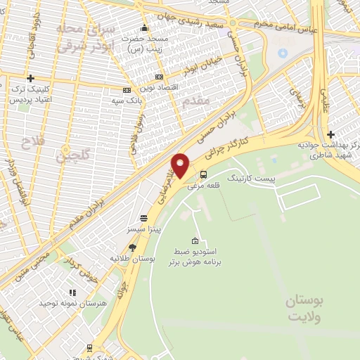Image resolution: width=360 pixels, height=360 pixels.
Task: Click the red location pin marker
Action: click(x=181, y=166)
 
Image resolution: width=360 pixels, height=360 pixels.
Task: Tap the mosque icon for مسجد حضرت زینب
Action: click(x=144, y=28)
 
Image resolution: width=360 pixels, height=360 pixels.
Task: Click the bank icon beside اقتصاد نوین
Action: click(x=160, y=77)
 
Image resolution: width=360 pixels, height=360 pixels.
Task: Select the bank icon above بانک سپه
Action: click(x=127, y=90)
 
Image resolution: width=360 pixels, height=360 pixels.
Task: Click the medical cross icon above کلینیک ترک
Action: click(x=30, y=78)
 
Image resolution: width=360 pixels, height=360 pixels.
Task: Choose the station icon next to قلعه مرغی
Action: click(x=203, y=175)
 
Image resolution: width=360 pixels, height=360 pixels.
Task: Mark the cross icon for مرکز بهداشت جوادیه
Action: click(x=330, y=135)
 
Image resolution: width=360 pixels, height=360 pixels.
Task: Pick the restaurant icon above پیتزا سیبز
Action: click(x=143, y=218)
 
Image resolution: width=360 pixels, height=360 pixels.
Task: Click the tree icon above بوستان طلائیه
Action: click(x=132, y=247)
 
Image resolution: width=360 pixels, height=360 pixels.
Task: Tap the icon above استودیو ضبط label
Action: click(x=195, y=240)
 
